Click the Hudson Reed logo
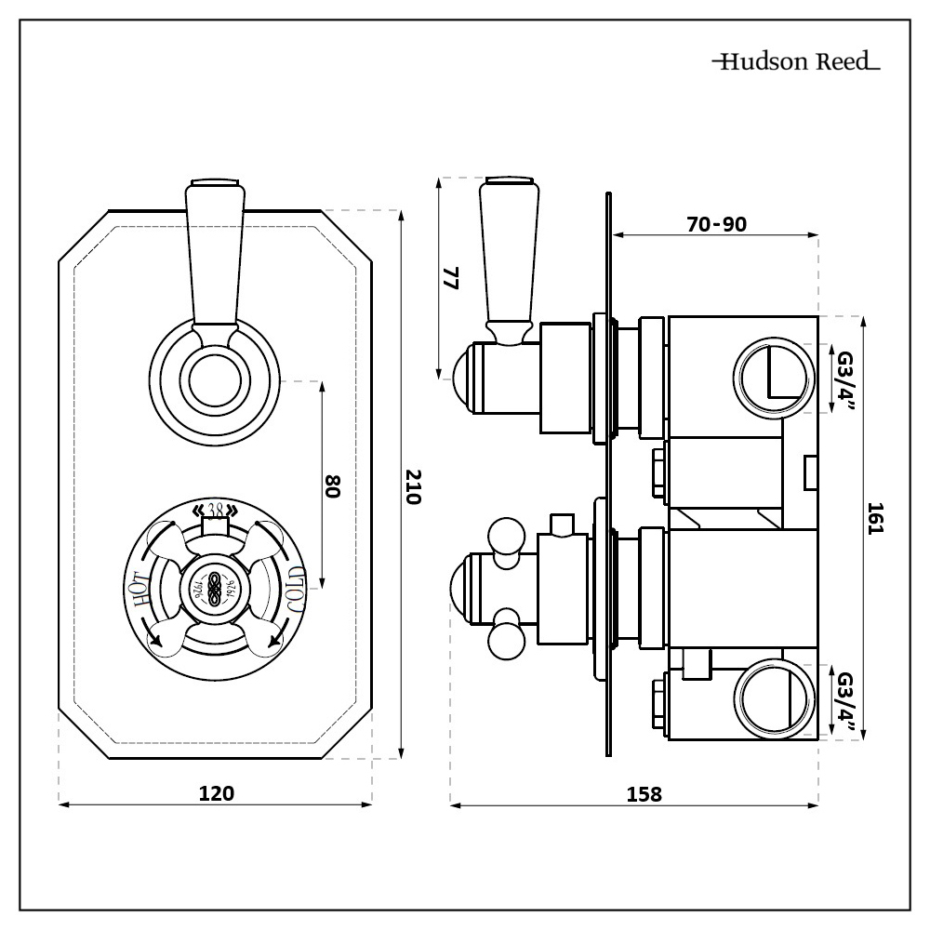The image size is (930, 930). [x=796, y=62]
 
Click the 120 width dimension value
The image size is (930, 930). [x=216, y=792]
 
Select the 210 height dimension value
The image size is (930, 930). [x=414, y=486]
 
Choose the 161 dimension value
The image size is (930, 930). [x=874, y=517]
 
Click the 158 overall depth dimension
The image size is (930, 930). [x=644, y=794]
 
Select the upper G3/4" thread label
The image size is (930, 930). [x=844, y=379]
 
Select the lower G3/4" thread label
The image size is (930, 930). [x=844, y=702]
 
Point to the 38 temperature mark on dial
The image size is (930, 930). [x=216, y=510]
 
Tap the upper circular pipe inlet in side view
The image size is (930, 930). [x=770, y=379]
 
